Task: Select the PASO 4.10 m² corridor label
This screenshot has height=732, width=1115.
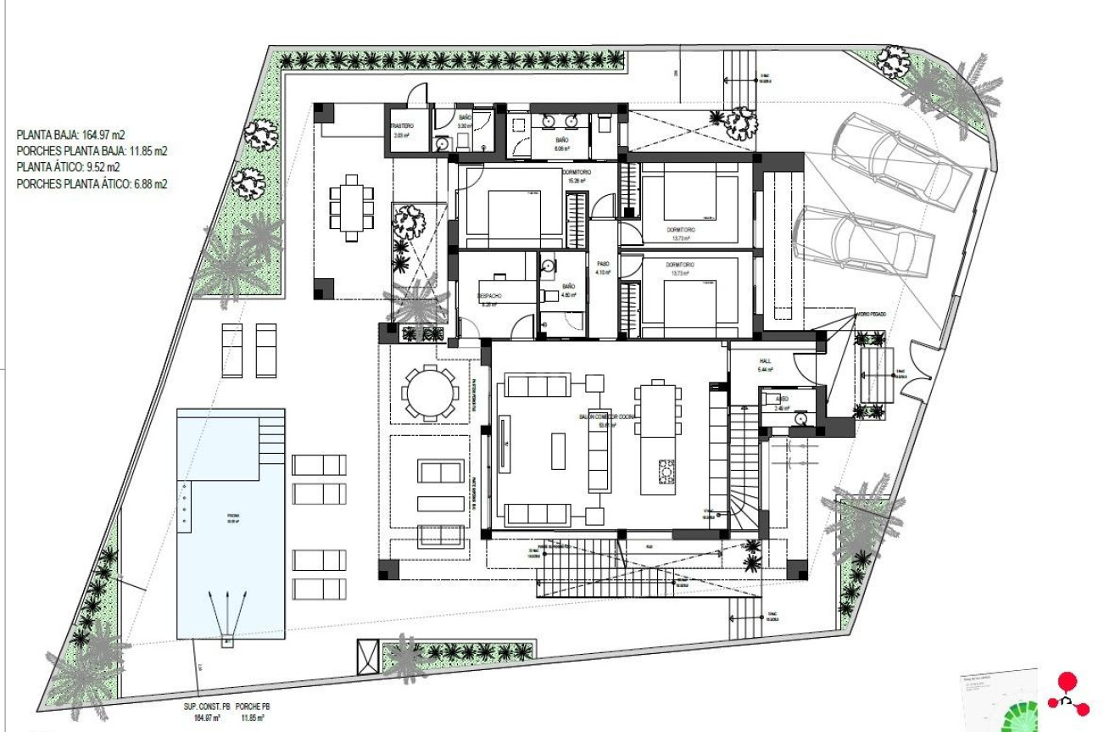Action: click(x=603, y=264)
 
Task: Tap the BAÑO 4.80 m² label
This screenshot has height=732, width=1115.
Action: click(x=568, y=291)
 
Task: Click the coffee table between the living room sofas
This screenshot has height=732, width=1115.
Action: click(x=558, y=450)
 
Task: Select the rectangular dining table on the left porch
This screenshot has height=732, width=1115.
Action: click(x=350, y=208)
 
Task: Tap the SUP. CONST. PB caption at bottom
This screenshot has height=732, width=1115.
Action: click(x=207, y=706)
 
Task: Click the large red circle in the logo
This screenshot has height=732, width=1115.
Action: click(x=1068, y=681)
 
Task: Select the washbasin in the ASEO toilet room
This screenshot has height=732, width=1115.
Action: click(x=800, y=417)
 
